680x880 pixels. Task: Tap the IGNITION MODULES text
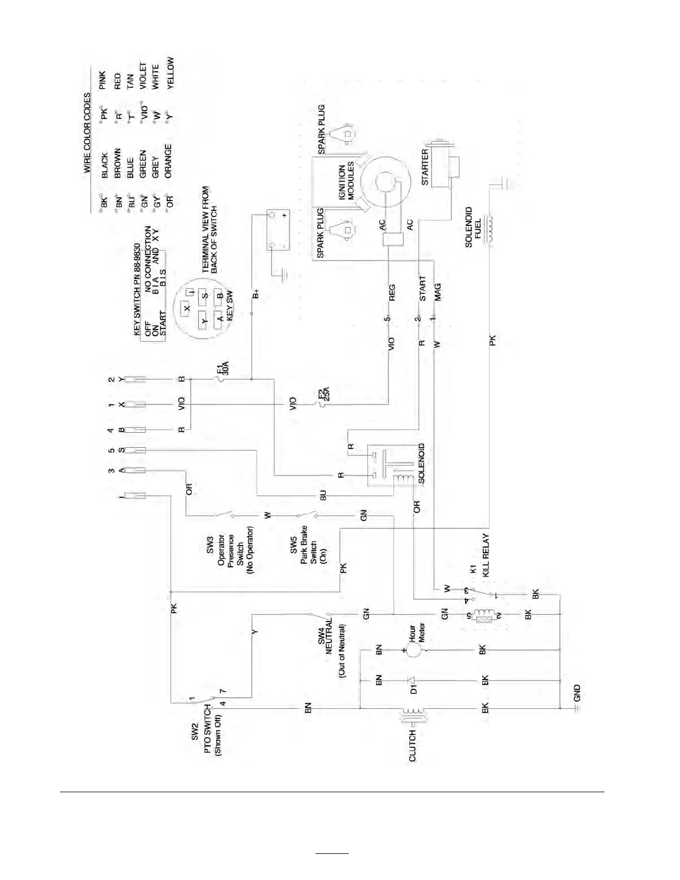347,181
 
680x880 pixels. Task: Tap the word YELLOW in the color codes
170,73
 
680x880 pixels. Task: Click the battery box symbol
278,229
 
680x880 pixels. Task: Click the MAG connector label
438,293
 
